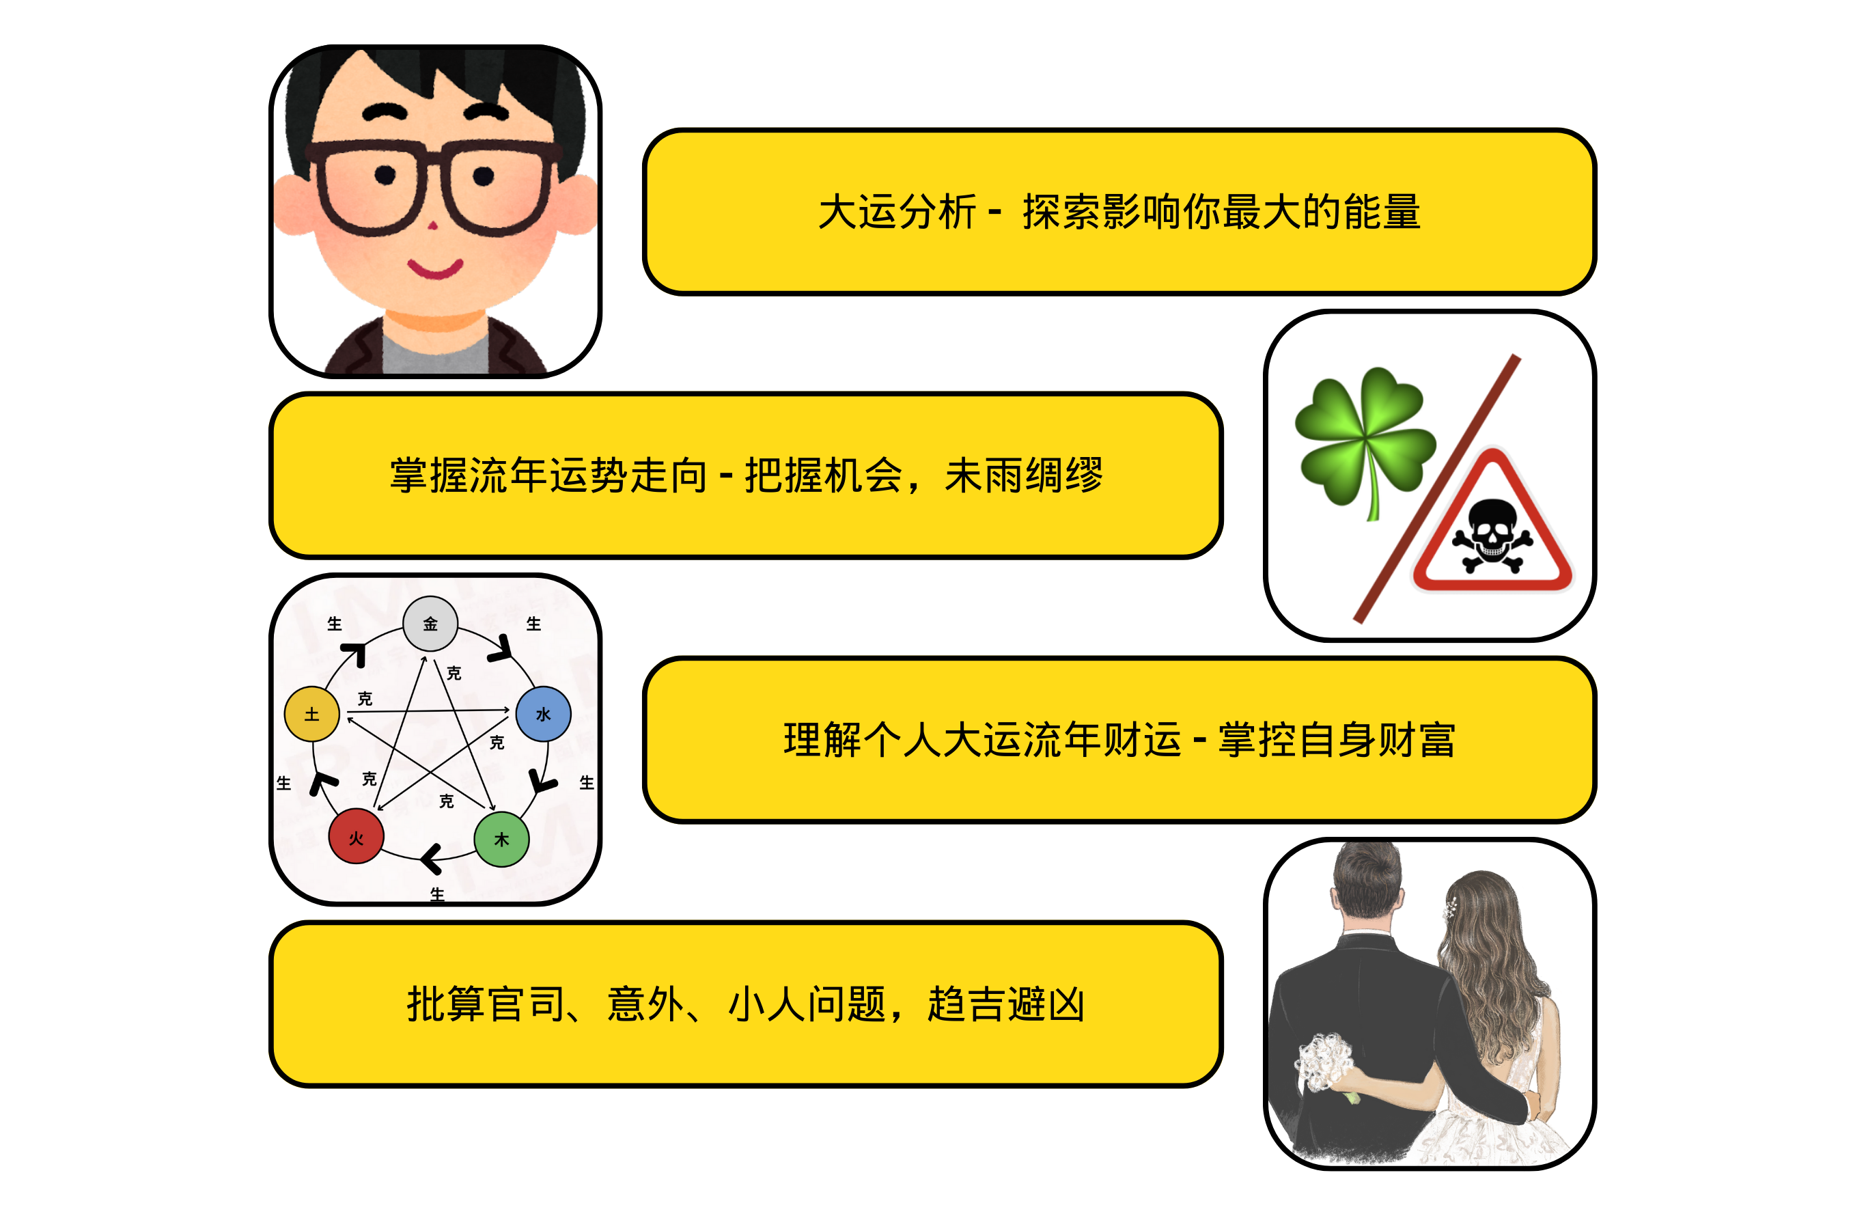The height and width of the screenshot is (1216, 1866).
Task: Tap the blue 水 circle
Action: pyautogui.click(x=542, y=713)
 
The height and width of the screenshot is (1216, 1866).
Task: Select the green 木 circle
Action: pyautogui.click(x=502, y=839)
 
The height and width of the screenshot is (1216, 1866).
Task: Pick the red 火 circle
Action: pyautogui.click(x=356, y=835)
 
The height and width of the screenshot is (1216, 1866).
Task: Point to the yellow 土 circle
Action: pyautogui.click(x=311, y=713)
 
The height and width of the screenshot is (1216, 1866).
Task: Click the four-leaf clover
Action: pyautogui.click(x=1365, y=439)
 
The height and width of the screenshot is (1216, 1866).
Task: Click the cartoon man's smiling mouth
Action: pyautogui.click(x=435, y=268)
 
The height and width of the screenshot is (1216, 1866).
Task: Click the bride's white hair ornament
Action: pyautogui.click(x=1451, y=909)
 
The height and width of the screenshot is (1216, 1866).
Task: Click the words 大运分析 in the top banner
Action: pyautogui.click(x=897, y=212)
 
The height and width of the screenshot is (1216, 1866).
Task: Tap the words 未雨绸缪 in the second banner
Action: pyautogui.click(x=1024, y=475)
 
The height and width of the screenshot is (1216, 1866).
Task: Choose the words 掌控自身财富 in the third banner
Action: pyautogui.click(x=1337, y=740)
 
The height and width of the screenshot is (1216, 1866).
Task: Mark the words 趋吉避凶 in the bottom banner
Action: pyautogui.click(x=1007, y=1004)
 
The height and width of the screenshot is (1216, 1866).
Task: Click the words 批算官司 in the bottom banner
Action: pyautogui.click(x=486, y=1004)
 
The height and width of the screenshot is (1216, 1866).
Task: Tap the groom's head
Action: pyautogui.click(x=1368, y=886)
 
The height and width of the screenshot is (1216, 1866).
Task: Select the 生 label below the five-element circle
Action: pyautogui.click(x=436, y=894)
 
